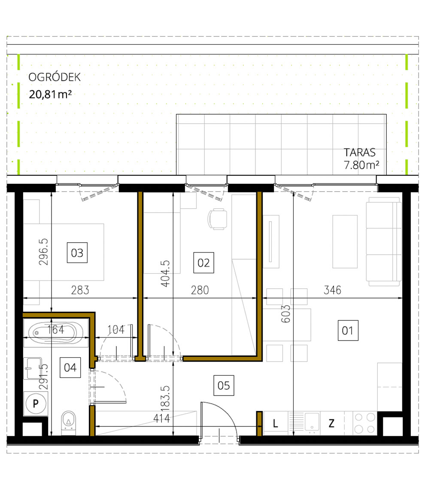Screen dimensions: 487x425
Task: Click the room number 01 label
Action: click(x=347, y=331)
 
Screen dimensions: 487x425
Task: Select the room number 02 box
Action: click(x=203, y=262)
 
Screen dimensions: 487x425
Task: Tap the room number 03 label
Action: click(x=77, y=253)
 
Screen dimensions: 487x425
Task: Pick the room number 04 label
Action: click(x=70, y=368)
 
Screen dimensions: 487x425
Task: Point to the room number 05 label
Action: click(x=224, y=385)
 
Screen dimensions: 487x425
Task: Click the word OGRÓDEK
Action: click(x=54, y=77)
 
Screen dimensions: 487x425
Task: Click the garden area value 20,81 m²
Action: click(x=50, y=94)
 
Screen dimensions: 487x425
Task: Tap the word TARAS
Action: click(x=359, y=152)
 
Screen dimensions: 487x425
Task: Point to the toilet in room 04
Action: click(x=68, y=422)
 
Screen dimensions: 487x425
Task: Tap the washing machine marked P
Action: click(x=36, y=404)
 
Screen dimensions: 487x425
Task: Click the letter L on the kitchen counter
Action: click(x=275, y=423)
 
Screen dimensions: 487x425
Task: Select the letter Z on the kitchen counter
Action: click(x=331, y=423)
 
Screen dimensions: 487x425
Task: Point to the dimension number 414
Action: click(x=162, y=418)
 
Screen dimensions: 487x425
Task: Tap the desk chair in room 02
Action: click(x=218, y=219)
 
